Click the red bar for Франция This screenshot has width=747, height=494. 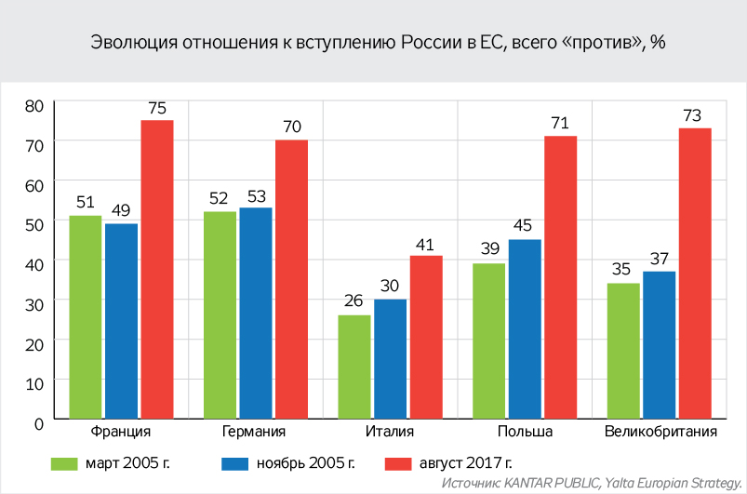157,270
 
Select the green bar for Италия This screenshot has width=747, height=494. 354,367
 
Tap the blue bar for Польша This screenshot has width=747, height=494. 525,329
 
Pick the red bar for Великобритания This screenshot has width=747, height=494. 695,274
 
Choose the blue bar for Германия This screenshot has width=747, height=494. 256,314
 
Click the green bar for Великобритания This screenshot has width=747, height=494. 623,351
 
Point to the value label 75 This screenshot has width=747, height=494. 157,107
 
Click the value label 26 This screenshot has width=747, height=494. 354,301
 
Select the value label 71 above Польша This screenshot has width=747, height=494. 561,123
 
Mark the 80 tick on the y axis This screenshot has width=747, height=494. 34,106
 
